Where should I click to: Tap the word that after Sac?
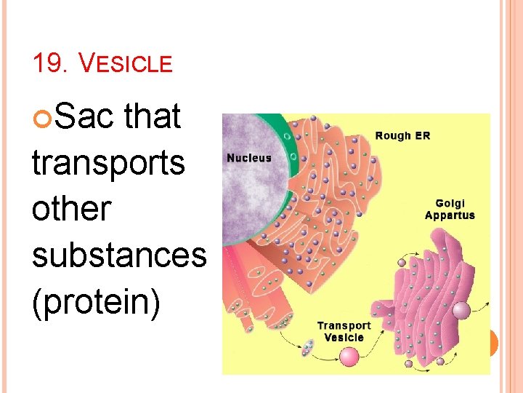pos(152,116)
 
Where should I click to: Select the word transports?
pos(108,163)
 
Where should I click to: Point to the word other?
pos(71,209)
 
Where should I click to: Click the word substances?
pos(119,255)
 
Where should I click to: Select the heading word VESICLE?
pos(124,64)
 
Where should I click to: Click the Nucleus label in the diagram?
pos(249,157)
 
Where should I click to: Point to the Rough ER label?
pos(402,135)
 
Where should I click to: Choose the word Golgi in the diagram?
pos(450,204)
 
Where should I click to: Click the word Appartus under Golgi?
pos(450,215)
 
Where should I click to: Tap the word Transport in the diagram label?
pos(344,326)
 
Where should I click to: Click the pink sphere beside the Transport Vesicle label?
pos(350,357)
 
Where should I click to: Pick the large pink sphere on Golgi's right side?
pos(462,311)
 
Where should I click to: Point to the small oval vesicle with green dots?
pos(309,349)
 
